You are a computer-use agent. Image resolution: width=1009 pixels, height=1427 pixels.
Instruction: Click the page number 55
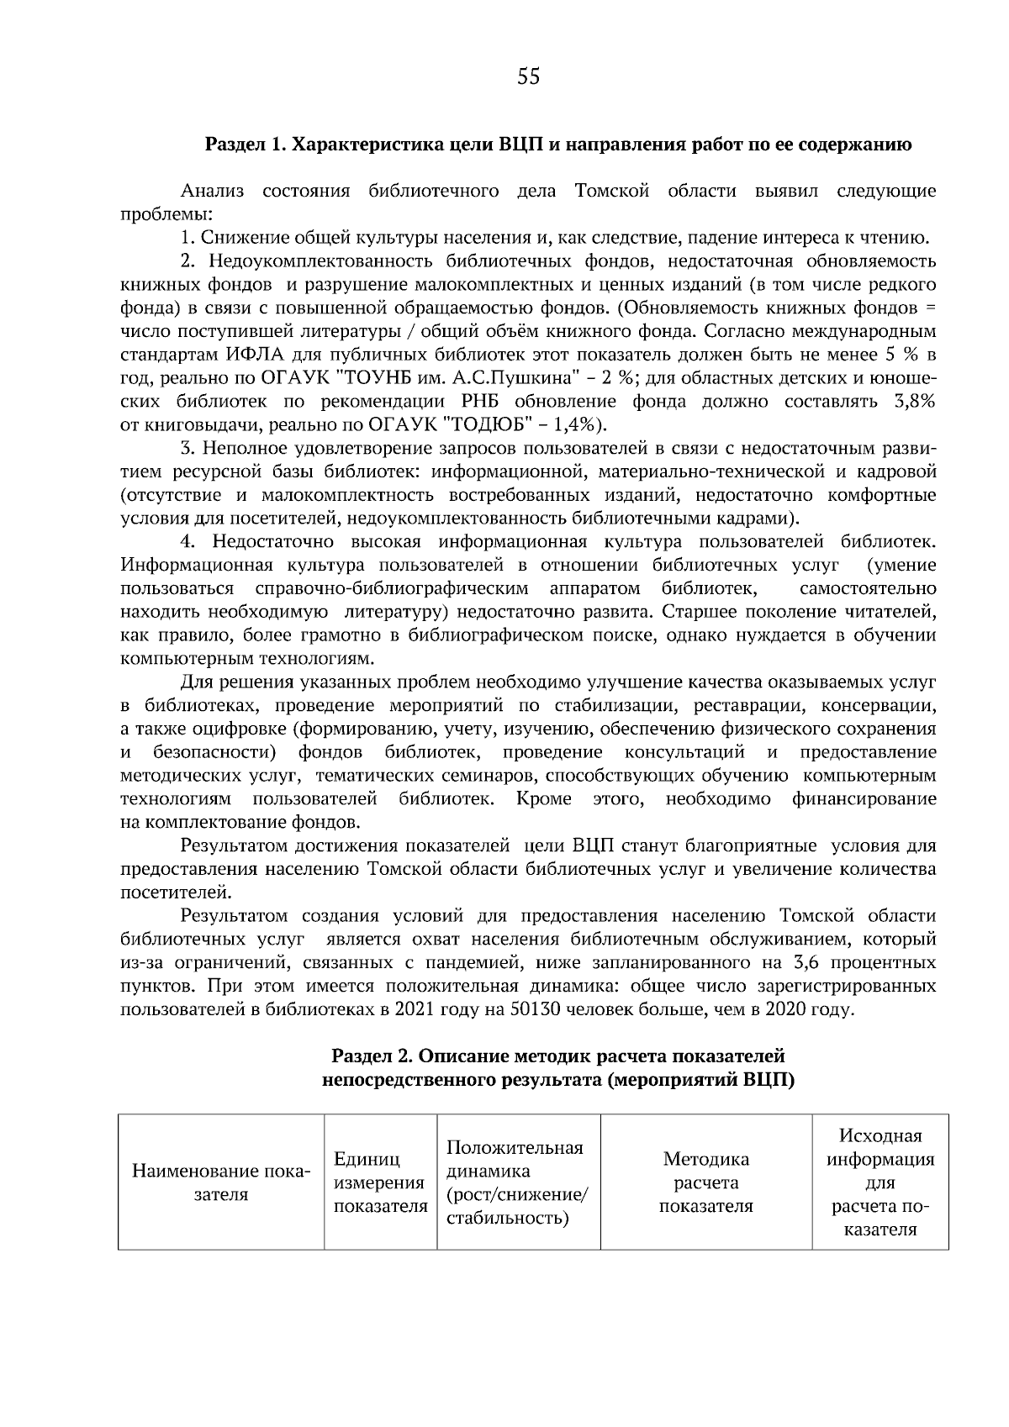click(x=527, y=77)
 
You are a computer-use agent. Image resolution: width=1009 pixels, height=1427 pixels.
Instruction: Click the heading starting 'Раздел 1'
click(x=559, y=145)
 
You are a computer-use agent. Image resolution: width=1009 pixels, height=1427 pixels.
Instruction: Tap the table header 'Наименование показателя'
click(x=221, y=1183)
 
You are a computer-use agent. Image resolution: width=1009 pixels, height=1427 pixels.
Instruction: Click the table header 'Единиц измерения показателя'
click(x=380, y=1183)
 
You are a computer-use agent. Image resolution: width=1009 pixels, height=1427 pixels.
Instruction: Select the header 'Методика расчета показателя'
click(x=705, y=1182)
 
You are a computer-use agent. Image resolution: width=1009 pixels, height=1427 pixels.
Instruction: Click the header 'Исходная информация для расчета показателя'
click(x=880, y=1182)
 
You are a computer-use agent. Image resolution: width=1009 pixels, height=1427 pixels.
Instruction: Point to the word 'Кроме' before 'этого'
click(x=543, y=798)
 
